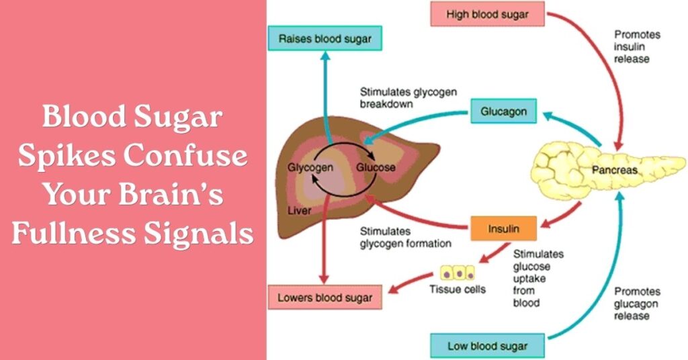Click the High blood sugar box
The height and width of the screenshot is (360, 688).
(x=488, y=14)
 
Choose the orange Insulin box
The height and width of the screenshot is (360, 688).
(x=504, y=228)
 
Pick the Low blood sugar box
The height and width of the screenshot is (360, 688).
(x=487, y=347)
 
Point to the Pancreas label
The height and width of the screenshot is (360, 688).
(x=614, y=171)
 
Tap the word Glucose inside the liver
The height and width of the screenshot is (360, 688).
(x=376, y=167)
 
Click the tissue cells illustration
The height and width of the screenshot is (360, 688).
(x=457, y=273)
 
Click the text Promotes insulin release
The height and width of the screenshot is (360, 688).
(x=638, y=46)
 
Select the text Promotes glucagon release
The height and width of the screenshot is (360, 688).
(x=638, y=304)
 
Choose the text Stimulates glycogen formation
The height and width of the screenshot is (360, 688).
(x=405, y=237)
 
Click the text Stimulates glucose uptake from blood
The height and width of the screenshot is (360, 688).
(x=537, y=278)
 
